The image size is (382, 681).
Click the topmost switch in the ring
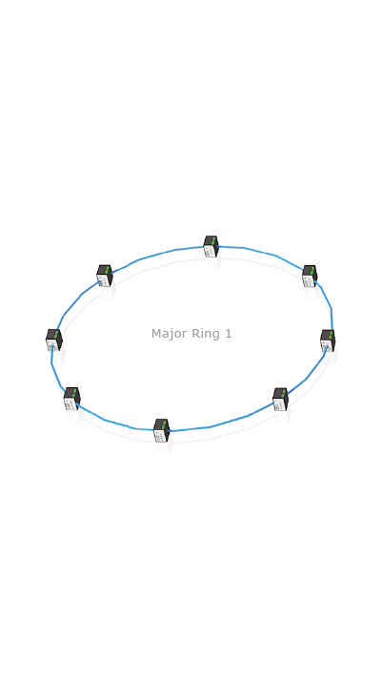[x=211, y=246]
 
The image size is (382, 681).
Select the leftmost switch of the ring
[x=54, y=340]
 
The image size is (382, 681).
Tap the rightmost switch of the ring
[x=328, y=340]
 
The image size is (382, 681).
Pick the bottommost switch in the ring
[x=162, y=430]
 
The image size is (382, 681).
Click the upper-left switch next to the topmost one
[x=105, y=276]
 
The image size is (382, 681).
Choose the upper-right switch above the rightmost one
[x=310, y=276]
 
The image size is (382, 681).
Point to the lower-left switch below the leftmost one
[x=72, y=399]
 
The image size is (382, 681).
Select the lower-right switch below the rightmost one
[x=280, y=399]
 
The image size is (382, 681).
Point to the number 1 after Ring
[x=228, y=334]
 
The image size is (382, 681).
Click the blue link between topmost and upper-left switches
[x=157, y=255]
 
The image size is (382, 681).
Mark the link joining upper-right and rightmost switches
[x=330, y=304]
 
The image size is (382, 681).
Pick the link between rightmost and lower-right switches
[x=309, y=377]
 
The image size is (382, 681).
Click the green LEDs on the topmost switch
[x=213, y=240]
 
